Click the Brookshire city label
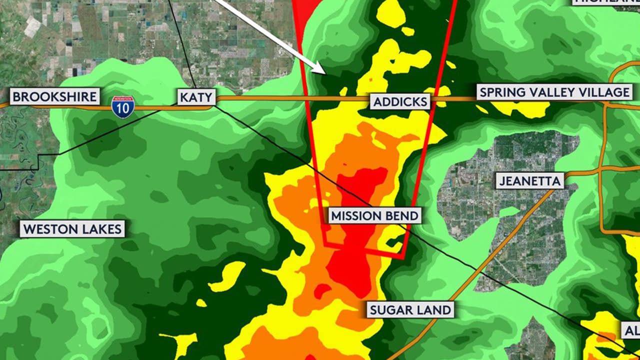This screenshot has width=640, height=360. tap(54, 96)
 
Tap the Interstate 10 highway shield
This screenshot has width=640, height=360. tap(122, 107)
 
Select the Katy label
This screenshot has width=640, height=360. tap(196, 97)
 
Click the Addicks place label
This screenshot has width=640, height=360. tap(400, 102)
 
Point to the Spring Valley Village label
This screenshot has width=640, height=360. tap(554, 92)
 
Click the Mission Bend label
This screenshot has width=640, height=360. tap(374, 216)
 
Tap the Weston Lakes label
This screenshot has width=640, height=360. tap(72, 229)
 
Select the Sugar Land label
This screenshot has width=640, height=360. tap(410, 309)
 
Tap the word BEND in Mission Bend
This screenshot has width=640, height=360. tap(402, 216)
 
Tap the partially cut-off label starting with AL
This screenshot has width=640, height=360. tap(630, 330)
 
